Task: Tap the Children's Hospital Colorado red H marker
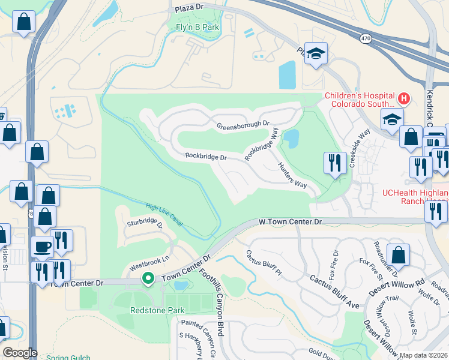coord(404,98)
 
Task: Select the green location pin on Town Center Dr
coord(148,278)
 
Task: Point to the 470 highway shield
coord(365,38)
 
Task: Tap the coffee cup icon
coord(42,247)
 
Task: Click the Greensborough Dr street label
coord(243,125)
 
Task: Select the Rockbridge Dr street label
coord(205,157)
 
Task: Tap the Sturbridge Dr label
coord(145,223)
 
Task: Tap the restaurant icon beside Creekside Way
coord(334,162)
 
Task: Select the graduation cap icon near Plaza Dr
coord(315,54)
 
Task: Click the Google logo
coord(20,353)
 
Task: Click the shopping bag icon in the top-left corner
coord(23,22)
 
